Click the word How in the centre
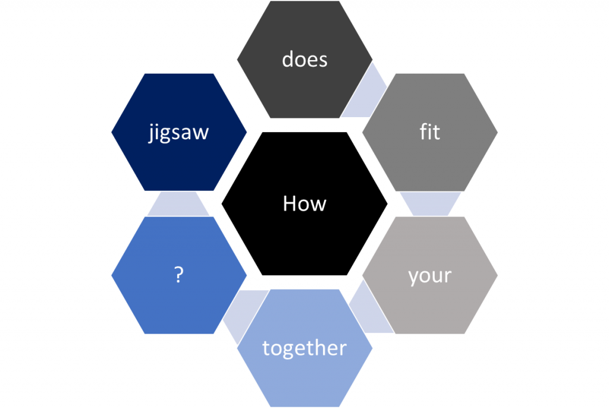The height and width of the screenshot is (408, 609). click(304, 203)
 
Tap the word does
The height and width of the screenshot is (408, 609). click(304, 59)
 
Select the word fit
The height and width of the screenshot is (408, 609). click(430, 131)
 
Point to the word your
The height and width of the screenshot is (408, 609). click(430, 277)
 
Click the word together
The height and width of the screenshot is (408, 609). click(304, 347)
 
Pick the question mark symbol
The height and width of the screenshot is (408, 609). click(178, 275)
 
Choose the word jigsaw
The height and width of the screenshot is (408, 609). click(178, 133)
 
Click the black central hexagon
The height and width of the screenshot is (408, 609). click(304, 203)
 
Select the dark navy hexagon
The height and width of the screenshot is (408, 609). click(179, 132)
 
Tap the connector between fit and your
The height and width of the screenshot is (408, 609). click(431, 204)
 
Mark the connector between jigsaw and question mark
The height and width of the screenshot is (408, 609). click(178, 204)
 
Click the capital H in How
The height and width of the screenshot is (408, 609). click(289, 203)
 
